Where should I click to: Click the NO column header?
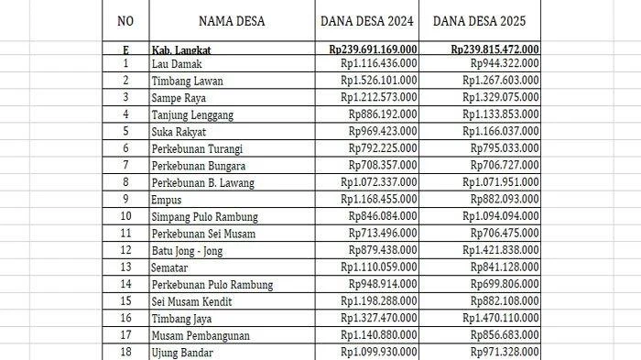pyautogui.click(x=125, y=20)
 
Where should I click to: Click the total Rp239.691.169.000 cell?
pyautogui.click(x=373, y=49)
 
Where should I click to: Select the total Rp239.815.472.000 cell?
pyautogui.click(x=494, y=49)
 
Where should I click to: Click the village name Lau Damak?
pyautogui.click(x=177, y=64)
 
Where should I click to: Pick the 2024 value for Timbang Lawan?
pyautogui.click(x=379, y=80)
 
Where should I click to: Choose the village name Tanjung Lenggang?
pyautogui.click(x=192, y=115)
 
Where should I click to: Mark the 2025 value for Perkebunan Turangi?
pyautogui.click(x=505, y=148)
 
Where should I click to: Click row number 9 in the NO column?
pyautogui.click(x=125, y=200)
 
